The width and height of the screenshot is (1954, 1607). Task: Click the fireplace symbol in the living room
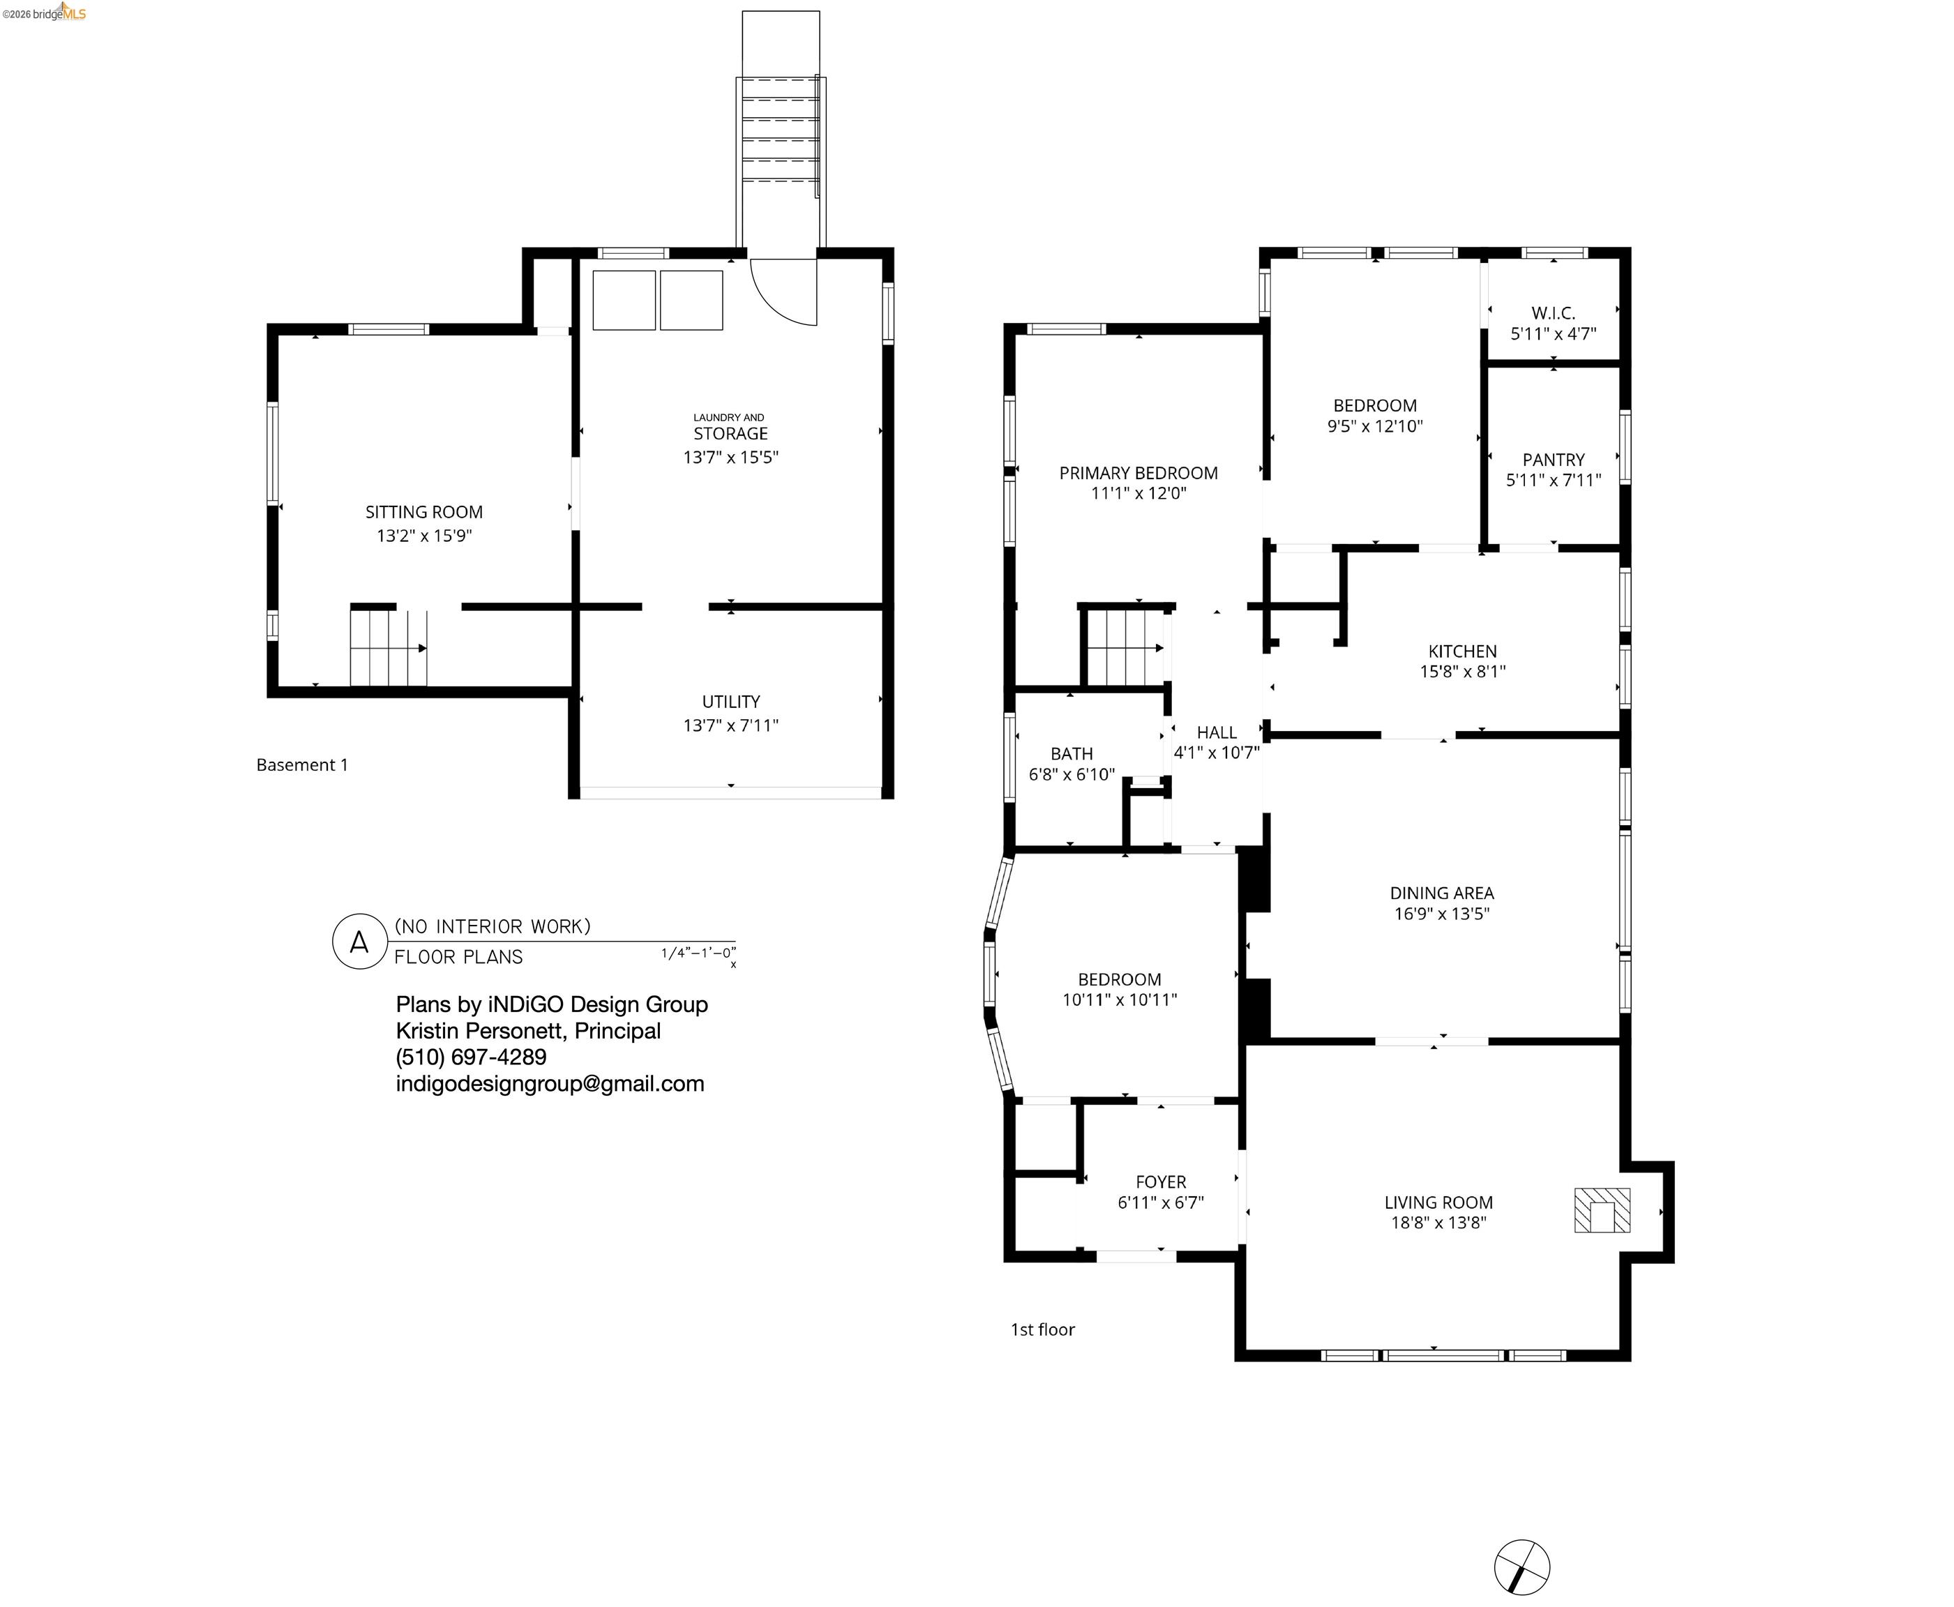pyautogui.click(x=1601, y=1211)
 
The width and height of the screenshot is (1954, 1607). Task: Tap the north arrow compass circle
pyautogui.click(x=1521, y=1567)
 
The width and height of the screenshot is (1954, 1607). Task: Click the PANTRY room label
pyautogui.click(x=1553, y=459)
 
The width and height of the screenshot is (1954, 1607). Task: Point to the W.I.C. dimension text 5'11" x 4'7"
pyautogui.click(x=1553, y=334)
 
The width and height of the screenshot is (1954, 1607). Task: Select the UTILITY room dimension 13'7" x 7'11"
pyautogui.click(x=730, y=726)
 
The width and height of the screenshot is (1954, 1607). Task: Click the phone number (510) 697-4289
pyautogui.click(x=470, y=1057)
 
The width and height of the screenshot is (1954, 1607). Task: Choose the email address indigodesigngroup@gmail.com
pyautogui.click(x=550, y=1084)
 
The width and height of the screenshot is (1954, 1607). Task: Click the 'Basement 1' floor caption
pyautogui.click(x=302, y=764)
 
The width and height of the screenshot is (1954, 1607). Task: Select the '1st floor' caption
pyautogui.click(x=1042, y=1329)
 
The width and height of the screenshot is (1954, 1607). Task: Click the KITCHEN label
pyautogui.click(x=1461, y=651)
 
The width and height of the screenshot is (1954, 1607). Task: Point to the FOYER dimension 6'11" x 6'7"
pyautogui.click(x=1160, y=1202)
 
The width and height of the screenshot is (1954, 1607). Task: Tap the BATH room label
pyautogui.click(x=1071, y=753)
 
